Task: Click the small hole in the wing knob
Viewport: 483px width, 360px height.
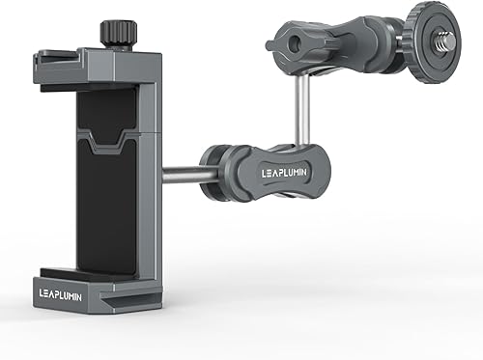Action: pyautogui.click(x=281, y=43)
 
